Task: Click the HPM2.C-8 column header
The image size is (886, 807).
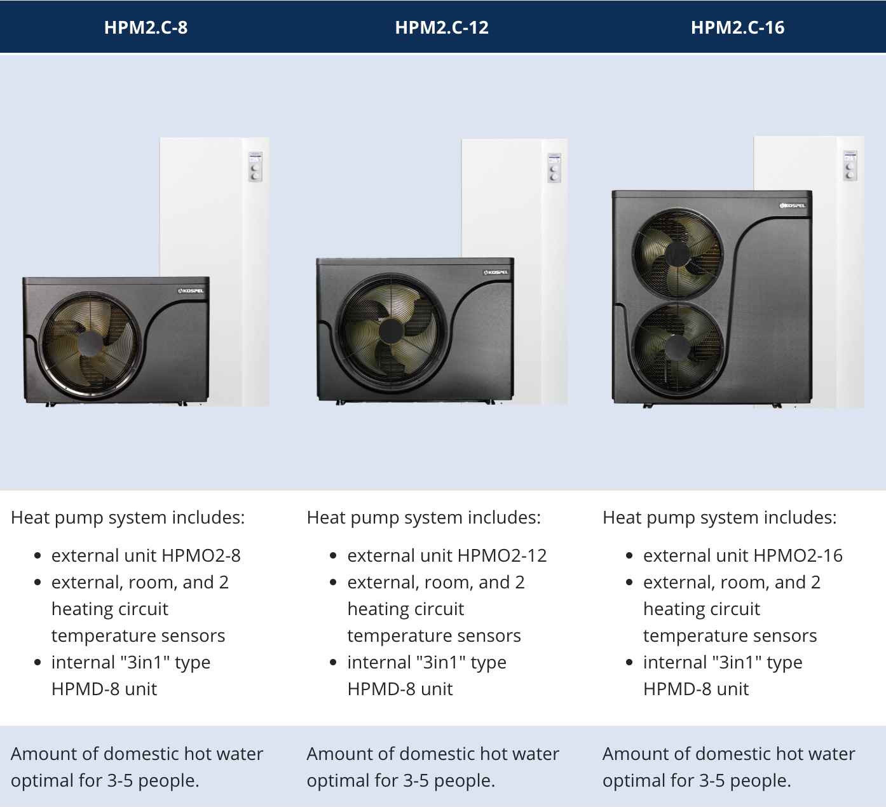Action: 146,27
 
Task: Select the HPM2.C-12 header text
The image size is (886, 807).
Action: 442,27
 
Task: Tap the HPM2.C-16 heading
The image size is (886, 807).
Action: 738,27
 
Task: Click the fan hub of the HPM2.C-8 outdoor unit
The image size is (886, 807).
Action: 90,343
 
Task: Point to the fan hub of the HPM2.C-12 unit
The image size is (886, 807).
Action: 391,331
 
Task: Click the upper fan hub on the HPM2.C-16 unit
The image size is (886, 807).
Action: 677,254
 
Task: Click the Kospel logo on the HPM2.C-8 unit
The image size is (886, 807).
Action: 191,290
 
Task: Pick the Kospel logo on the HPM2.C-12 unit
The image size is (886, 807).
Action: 496,272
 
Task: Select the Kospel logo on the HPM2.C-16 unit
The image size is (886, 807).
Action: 793,205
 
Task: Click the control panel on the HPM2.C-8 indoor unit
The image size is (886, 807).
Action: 256,166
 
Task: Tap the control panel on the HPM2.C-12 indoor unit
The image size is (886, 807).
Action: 554,167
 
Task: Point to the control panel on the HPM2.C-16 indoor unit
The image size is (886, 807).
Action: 850,166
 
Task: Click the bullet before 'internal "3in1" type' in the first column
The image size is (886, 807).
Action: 37,663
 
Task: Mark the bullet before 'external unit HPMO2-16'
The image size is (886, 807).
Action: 629,555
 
